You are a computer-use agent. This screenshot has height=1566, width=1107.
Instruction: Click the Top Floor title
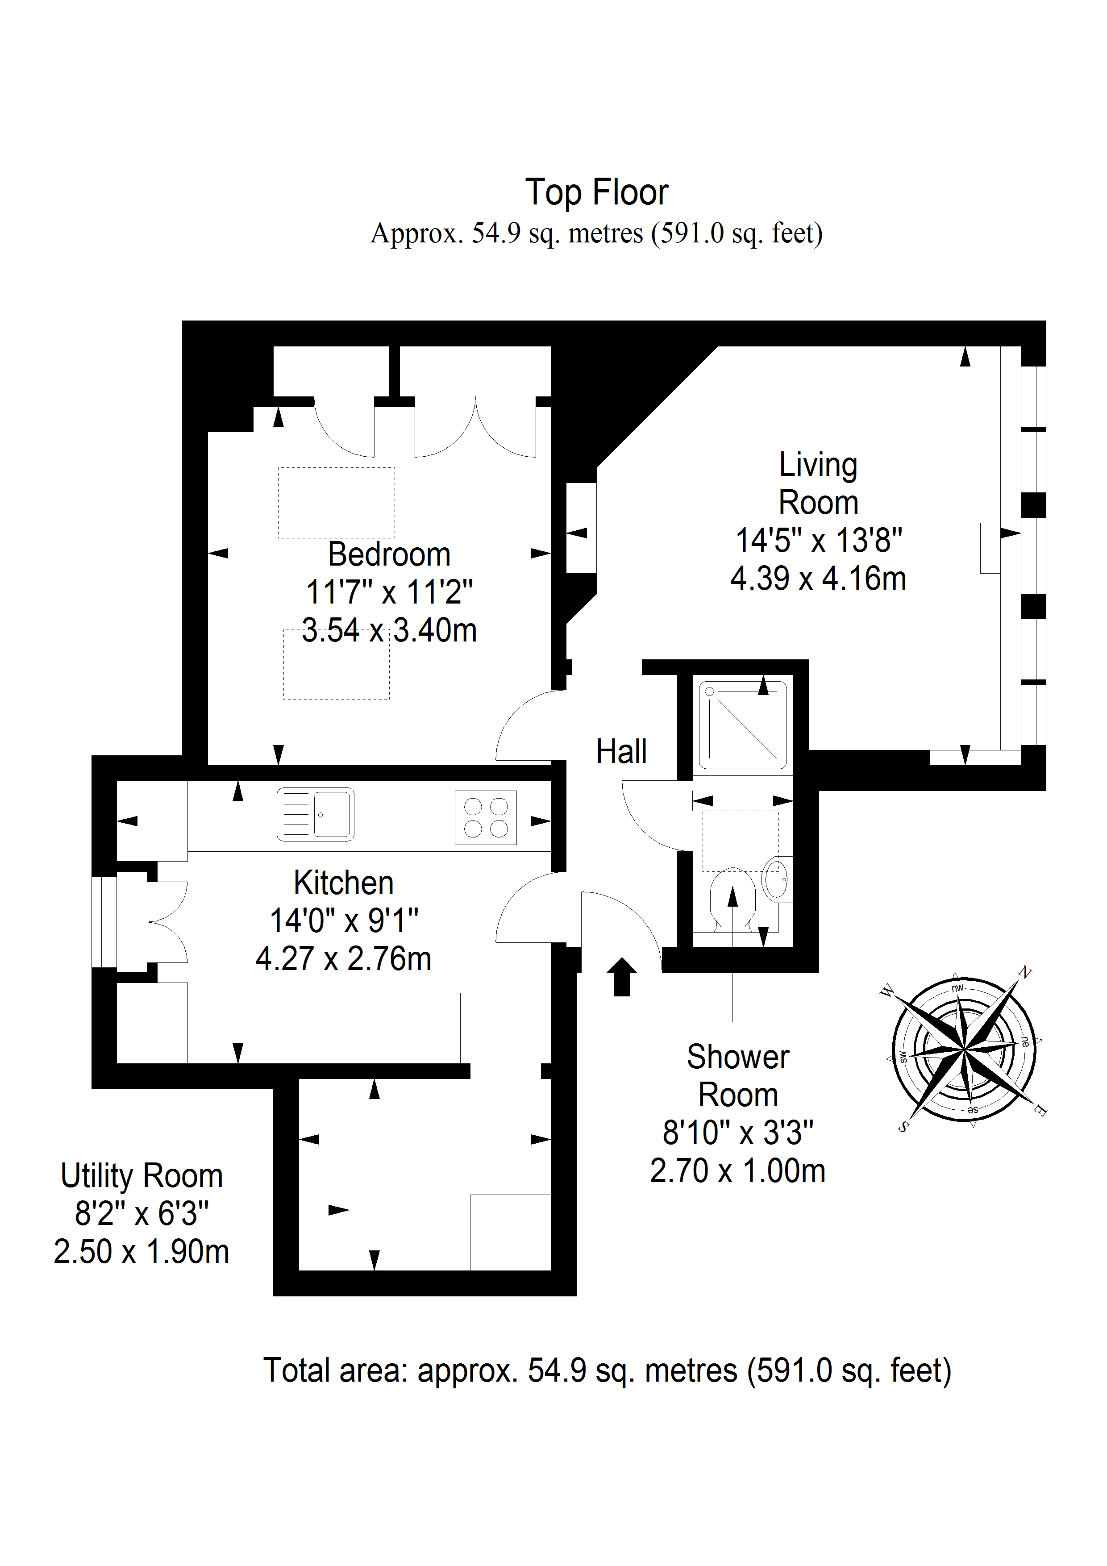[596, 192]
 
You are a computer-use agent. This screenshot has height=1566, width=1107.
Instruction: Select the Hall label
[621, 752]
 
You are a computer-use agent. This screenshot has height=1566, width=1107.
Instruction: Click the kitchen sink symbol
[315, 814]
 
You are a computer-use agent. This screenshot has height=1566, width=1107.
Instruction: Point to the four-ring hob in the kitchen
[486, 818]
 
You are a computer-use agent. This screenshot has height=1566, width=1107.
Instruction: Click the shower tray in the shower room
[743, 725]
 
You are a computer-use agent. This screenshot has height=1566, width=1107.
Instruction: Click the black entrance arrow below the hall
[621, 977]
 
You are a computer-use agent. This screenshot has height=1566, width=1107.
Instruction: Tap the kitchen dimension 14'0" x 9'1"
[344, 921]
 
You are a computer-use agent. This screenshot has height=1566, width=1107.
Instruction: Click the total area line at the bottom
[607, 1370]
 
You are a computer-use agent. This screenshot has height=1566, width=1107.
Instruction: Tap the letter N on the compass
[1024, 972]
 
